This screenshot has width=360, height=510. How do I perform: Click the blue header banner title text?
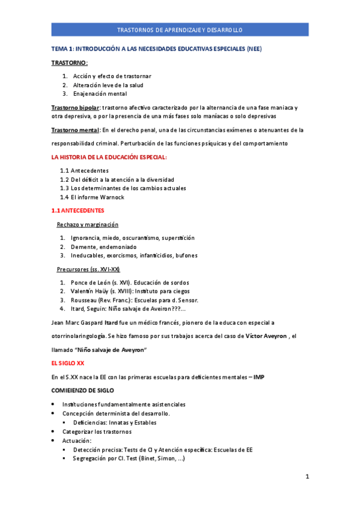tap(180, 29)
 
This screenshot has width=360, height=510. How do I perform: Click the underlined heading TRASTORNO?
tap(70, 63)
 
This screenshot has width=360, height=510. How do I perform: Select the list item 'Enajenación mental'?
tap(100, 94)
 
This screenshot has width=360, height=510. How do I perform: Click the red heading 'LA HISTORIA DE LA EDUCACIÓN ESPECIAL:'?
tap(109, 157)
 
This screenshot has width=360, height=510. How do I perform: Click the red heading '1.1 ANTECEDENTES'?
tap(78, 210)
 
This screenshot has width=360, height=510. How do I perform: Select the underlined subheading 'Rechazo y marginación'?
tap(88, 224)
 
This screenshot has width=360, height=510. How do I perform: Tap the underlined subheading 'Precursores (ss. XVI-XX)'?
tap(88, 269)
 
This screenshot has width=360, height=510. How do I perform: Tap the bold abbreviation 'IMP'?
tap(259, 377)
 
